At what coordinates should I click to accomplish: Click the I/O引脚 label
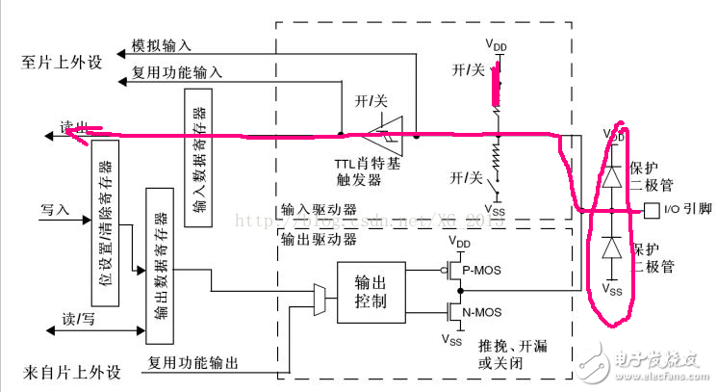pos(685,209)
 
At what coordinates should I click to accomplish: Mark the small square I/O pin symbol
pos(653,209)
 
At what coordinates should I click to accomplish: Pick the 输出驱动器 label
pos(310,238)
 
